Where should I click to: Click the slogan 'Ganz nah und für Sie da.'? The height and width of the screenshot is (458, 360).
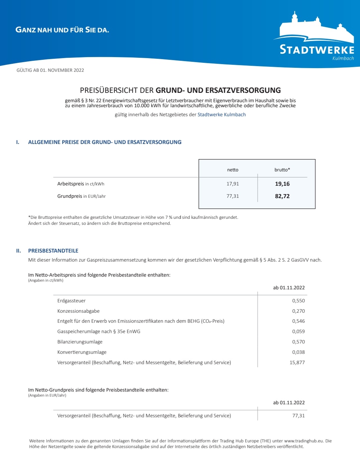point(62,30)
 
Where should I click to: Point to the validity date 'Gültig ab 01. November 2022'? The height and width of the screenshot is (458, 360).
point(50,70)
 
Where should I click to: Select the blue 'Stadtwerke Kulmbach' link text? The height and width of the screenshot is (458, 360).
point(222,115)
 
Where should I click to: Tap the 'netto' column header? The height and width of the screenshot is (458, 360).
point(233,170)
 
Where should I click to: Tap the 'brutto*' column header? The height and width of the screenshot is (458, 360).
point(282,170)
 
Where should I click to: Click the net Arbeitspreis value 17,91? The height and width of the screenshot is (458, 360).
point(233,184)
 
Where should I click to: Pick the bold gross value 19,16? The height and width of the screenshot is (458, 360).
point(282,184)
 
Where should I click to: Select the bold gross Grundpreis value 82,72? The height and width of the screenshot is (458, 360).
point(282,196)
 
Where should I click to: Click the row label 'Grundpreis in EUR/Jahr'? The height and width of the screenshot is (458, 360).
point(81,196)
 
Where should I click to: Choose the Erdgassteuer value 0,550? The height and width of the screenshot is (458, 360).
point(298,301)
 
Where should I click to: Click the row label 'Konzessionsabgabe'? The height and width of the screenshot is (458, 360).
point(79,311)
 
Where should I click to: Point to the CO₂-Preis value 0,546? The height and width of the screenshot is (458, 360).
point(298,321)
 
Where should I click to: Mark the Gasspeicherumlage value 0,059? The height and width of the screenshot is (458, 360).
point(298,331)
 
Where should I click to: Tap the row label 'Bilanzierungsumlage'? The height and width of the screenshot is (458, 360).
point(80,342)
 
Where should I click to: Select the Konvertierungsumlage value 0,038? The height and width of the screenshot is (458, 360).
point(298,352)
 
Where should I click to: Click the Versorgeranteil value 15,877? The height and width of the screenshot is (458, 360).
point(297,362)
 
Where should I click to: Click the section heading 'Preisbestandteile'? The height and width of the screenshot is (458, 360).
point(53,251)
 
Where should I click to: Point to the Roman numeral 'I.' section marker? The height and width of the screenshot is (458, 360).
point(18,142)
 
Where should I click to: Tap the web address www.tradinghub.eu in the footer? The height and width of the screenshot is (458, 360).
point(304,441)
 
